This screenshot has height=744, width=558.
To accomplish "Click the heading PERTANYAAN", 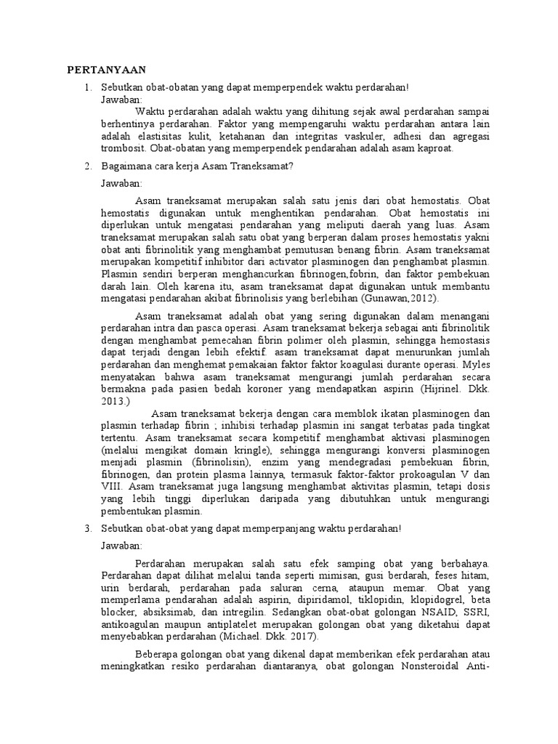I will (x=107, y=70).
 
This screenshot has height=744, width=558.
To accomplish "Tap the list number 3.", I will (x=88, y=528).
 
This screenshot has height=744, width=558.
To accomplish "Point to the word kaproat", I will (x=433, y=148).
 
